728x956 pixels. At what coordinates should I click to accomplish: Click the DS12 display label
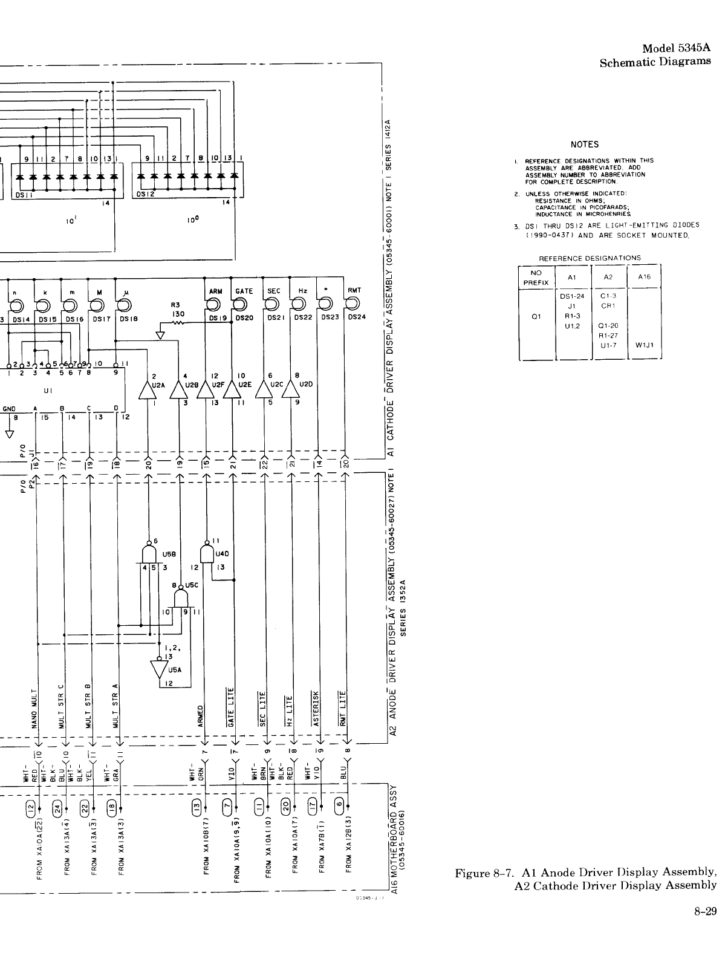pyautogui.click(x=146, y=194)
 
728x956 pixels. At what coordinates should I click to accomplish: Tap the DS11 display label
pyautogui.click(x=24, y=194)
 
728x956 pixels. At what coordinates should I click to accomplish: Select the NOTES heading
pyautogui.click(x=584, y=145)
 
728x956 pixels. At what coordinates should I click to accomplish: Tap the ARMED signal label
pyautogui.click(x=201, y=714)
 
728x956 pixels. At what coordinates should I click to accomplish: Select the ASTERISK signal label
pyautogui.click(x=316, y=707)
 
